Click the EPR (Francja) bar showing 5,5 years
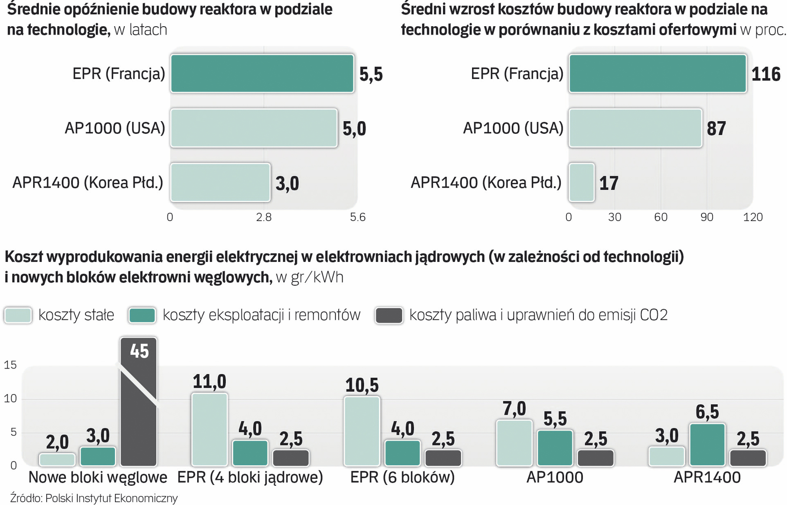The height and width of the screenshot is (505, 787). coord(262,74)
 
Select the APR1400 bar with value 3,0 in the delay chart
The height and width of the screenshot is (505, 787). coord(220,182)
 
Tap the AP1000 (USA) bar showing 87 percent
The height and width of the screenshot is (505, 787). coord(635,128)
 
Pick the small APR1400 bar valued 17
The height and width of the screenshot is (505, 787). coord(581,182)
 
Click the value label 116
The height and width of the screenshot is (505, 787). coord(766,74)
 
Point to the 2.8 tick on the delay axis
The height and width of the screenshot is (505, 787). coord(264,217)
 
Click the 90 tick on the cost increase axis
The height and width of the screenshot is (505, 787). coord(707,217)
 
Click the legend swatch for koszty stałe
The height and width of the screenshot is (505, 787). coord(18,315)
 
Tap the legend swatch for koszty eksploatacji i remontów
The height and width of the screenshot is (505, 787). coord(142,315)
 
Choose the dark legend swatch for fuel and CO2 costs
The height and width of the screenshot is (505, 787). coord(389,315)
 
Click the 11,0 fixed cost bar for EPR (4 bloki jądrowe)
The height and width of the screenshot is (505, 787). coord(209,429)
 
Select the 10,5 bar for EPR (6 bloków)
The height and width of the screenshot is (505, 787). coord(362,431)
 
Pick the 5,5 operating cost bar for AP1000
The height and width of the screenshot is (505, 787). coord(555,447)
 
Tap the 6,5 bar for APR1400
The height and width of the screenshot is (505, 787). coord(707,444)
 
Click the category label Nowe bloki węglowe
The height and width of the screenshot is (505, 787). coord(98,477)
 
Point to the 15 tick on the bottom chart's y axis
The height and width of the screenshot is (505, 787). coord(10,365)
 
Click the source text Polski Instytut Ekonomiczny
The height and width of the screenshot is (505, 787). coord(111,498)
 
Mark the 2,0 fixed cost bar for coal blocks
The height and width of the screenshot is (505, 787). coord(57,459)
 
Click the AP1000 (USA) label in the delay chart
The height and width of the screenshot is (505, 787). coord(115,128)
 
